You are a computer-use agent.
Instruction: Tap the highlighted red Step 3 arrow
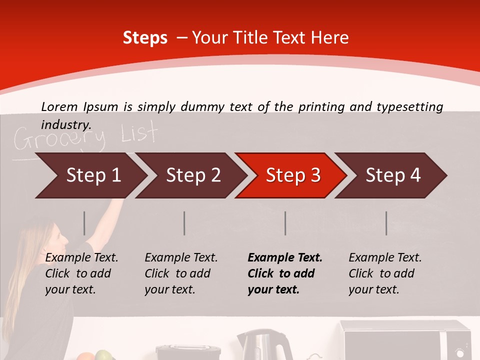(293, 175)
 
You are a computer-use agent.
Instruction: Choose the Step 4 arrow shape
(393, 175)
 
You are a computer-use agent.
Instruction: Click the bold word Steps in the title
(145, 38)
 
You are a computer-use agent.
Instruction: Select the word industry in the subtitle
(66, 124)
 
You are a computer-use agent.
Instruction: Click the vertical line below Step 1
(84, 223)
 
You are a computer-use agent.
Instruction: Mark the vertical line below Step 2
(184, 223)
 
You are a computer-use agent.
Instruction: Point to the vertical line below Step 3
(285, 223)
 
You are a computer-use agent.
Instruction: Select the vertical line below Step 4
(386, 223)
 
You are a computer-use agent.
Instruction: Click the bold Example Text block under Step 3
(284, 273)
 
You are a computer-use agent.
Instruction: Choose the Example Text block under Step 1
(81, 273)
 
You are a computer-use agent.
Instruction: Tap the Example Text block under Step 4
(385, 273)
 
